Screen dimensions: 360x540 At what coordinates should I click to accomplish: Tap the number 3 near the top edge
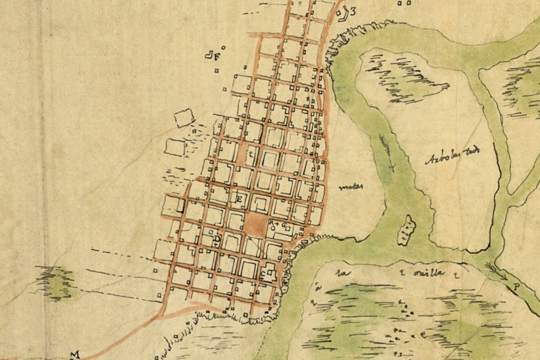pyautogui.click(x=353, y=11)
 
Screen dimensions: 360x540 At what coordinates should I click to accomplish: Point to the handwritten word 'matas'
pyautogui.click(x=351, y=186)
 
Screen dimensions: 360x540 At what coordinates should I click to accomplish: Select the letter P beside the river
pyautogui.click(x=515, y=286)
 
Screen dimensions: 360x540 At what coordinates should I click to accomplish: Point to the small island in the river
pyautogui.click(x=407, y=230)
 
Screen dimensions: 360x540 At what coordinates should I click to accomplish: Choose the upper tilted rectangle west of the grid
pyautogui.click(x=184, y=118)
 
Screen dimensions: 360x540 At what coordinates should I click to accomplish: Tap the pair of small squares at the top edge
pyautogui.click(x=405, y=3)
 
